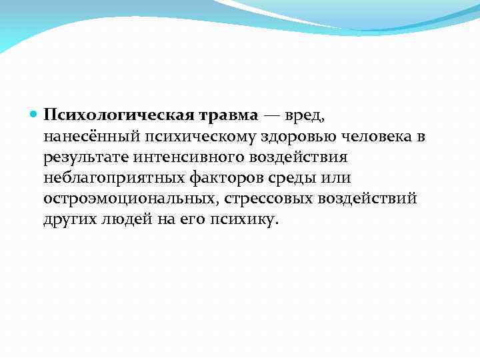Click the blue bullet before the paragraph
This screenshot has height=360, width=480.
pos(35,115)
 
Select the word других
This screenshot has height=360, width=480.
pos(69,221)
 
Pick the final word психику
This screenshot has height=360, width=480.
pos(241,221)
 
